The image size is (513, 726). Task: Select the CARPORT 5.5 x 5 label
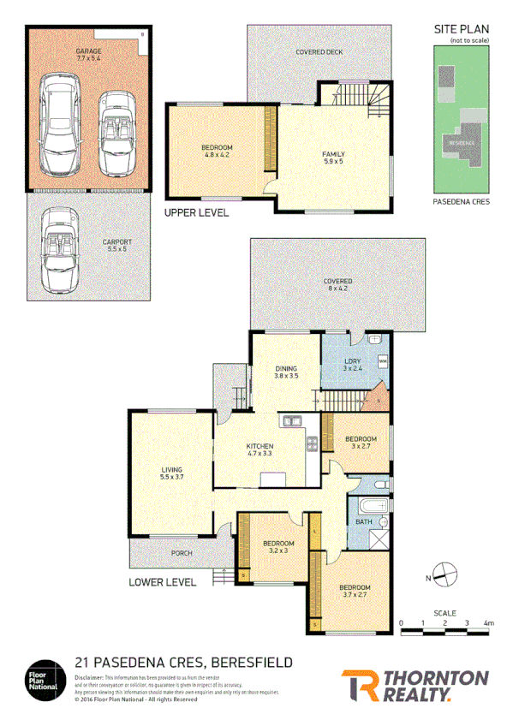tap(118, 246)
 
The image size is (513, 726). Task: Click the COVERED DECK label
tap(319, 52)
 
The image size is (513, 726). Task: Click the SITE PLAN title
tap(457, 29)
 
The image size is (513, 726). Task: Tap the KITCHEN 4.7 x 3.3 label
tap(259, 450)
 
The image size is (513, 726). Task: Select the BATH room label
tap(364, 521)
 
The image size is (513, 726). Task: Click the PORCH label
tap(182, 553)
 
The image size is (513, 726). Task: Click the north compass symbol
tap(444, 574)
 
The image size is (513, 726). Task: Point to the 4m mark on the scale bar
tap(488, 622)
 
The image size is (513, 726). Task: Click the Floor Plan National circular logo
tap(44, 675)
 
